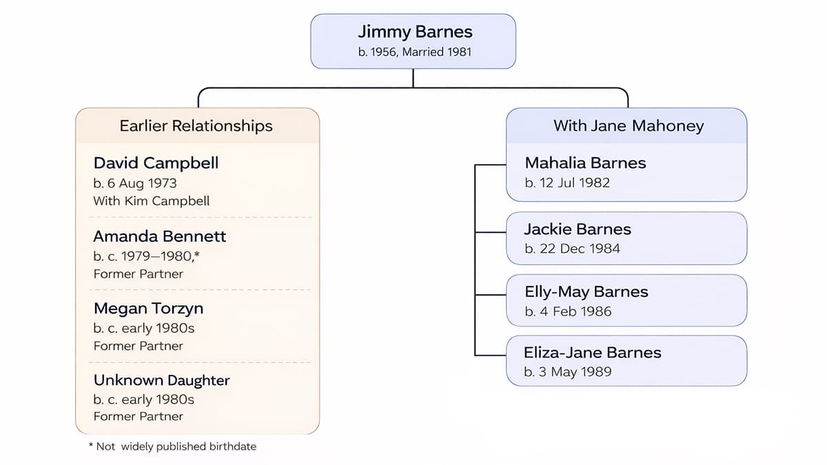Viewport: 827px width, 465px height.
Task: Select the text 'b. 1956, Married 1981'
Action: (x=415, y=52)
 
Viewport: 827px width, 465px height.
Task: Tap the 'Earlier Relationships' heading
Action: (x=196, y=125)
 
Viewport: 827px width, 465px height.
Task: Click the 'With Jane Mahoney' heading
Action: (x=629, y=125)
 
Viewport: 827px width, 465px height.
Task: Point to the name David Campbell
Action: (x=156, y=163)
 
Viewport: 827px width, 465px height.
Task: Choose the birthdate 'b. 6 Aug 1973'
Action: (x=135, y=183)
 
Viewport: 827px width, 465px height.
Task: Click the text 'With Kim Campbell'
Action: (x=152, y=201)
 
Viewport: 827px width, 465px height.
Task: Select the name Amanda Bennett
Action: (x=160, y=236)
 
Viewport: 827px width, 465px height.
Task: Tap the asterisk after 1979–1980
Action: (x=198, y=254)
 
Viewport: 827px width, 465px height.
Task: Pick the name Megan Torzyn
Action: (x=148, y=308)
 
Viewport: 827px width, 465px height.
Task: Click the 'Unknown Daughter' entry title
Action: (x=162, y=380)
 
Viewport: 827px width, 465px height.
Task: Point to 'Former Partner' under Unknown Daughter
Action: (x=139, y=416)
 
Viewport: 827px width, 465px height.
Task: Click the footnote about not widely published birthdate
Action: (x=172, y=446)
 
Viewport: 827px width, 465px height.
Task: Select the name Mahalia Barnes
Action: (x=585, y=163)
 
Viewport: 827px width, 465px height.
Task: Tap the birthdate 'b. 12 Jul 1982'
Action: (x=567, y=183)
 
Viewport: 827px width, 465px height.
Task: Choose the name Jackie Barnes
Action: (x=578, y=229)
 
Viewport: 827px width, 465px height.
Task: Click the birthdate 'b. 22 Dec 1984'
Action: (x=572, y=249)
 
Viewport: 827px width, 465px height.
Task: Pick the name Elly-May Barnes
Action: (x=586, y=292)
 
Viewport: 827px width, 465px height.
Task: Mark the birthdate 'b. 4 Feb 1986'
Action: (x=568, y=311)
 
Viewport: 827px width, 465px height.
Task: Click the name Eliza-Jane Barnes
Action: (x=593, y=353)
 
